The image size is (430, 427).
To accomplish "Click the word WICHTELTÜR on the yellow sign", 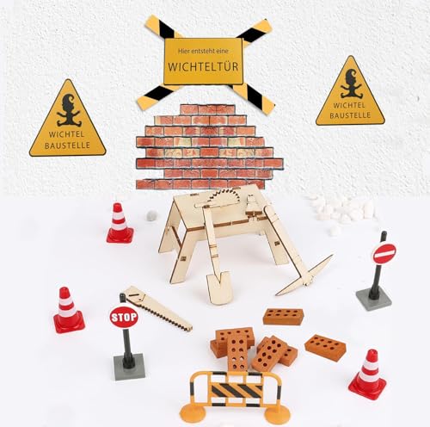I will pos(205,66).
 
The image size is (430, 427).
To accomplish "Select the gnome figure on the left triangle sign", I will pos(66,112).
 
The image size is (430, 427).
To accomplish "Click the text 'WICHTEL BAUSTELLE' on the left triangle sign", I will pos(66,140).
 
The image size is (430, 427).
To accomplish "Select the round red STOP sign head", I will pos(124,317).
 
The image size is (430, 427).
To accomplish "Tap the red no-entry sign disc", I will pos(384,253).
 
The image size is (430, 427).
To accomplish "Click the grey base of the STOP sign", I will pos(129,368).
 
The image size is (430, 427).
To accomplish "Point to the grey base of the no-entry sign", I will pos(373,298).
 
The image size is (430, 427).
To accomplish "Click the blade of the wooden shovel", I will pos(219,286).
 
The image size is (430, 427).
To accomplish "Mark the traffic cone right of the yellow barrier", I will pos(368,374).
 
